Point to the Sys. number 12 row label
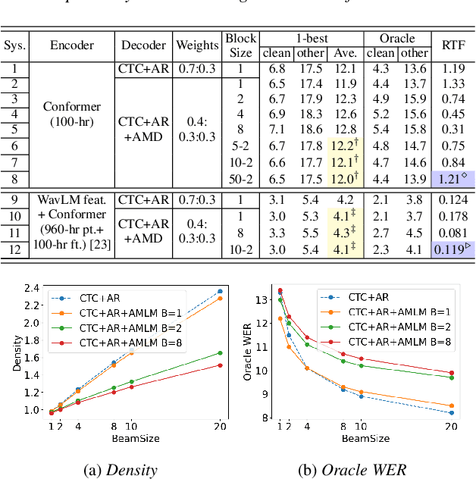14,249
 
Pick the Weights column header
196,45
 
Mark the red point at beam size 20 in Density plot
221,365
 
